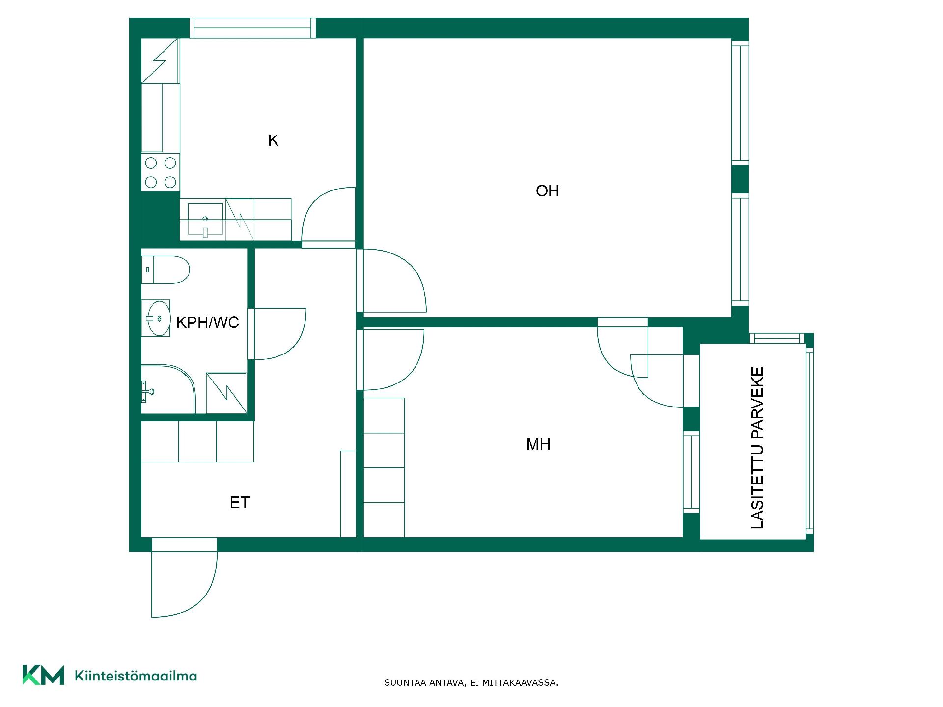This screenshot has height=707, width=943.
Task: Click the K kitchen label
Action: click(273, 141)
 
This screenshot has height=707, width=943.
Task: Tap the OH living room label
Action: click(547, 191)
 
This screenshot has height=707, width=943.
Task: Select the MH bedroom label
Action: click(538, 444)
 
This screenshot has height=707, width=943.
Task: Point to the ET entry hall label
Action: click(240, 502)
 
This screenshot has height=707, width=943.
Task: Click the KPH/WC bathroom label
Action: click(207, 323)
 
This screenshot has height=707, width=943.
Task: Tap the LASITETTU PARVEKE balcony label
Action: click(758, 448)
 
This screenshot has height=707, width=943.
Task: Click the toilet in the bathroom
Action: click(166, 270)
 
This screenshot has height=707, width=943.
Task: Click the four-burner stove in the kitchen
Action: click(161, 172)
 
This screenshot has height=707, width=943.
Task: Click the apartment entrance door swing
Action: click(184, 584)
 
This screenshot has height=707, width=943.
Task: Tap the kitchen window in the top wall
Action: click(253, 28)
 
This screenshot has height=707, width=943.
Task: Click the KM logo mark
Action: click(43, 675)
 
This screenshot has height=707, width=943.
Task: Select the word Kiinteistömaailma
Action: click(136, 676)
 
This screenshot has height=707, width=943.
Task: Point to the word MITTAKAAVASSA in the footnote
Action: click(520, 683)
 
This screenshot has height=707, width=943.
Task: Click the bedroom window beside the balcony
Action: click(692, 472)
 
